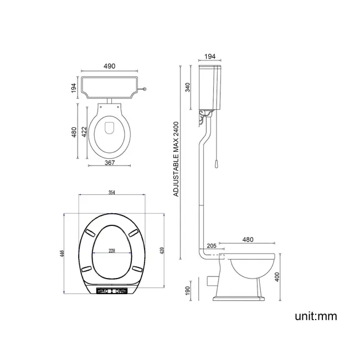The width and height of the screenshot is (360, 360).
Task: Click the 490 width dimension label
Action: [x=109, y=66]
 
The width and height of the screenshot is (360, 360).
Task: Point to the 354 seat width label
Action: [x=112, y=192]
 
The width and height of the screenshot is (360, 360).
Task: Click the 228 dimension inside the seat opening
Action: [x=112, y=251]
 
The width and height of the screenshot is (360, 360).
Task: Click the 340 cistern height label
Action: [x=188, y=88]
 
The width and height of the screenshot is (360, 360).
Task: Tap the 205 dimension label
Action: [x=212, y=246]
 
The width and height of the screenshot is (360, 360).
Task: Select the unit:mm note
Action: [x=316, y=316]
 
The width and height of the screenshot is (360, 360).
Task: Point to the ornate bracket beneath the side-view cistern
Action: [x=206, y=115]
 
